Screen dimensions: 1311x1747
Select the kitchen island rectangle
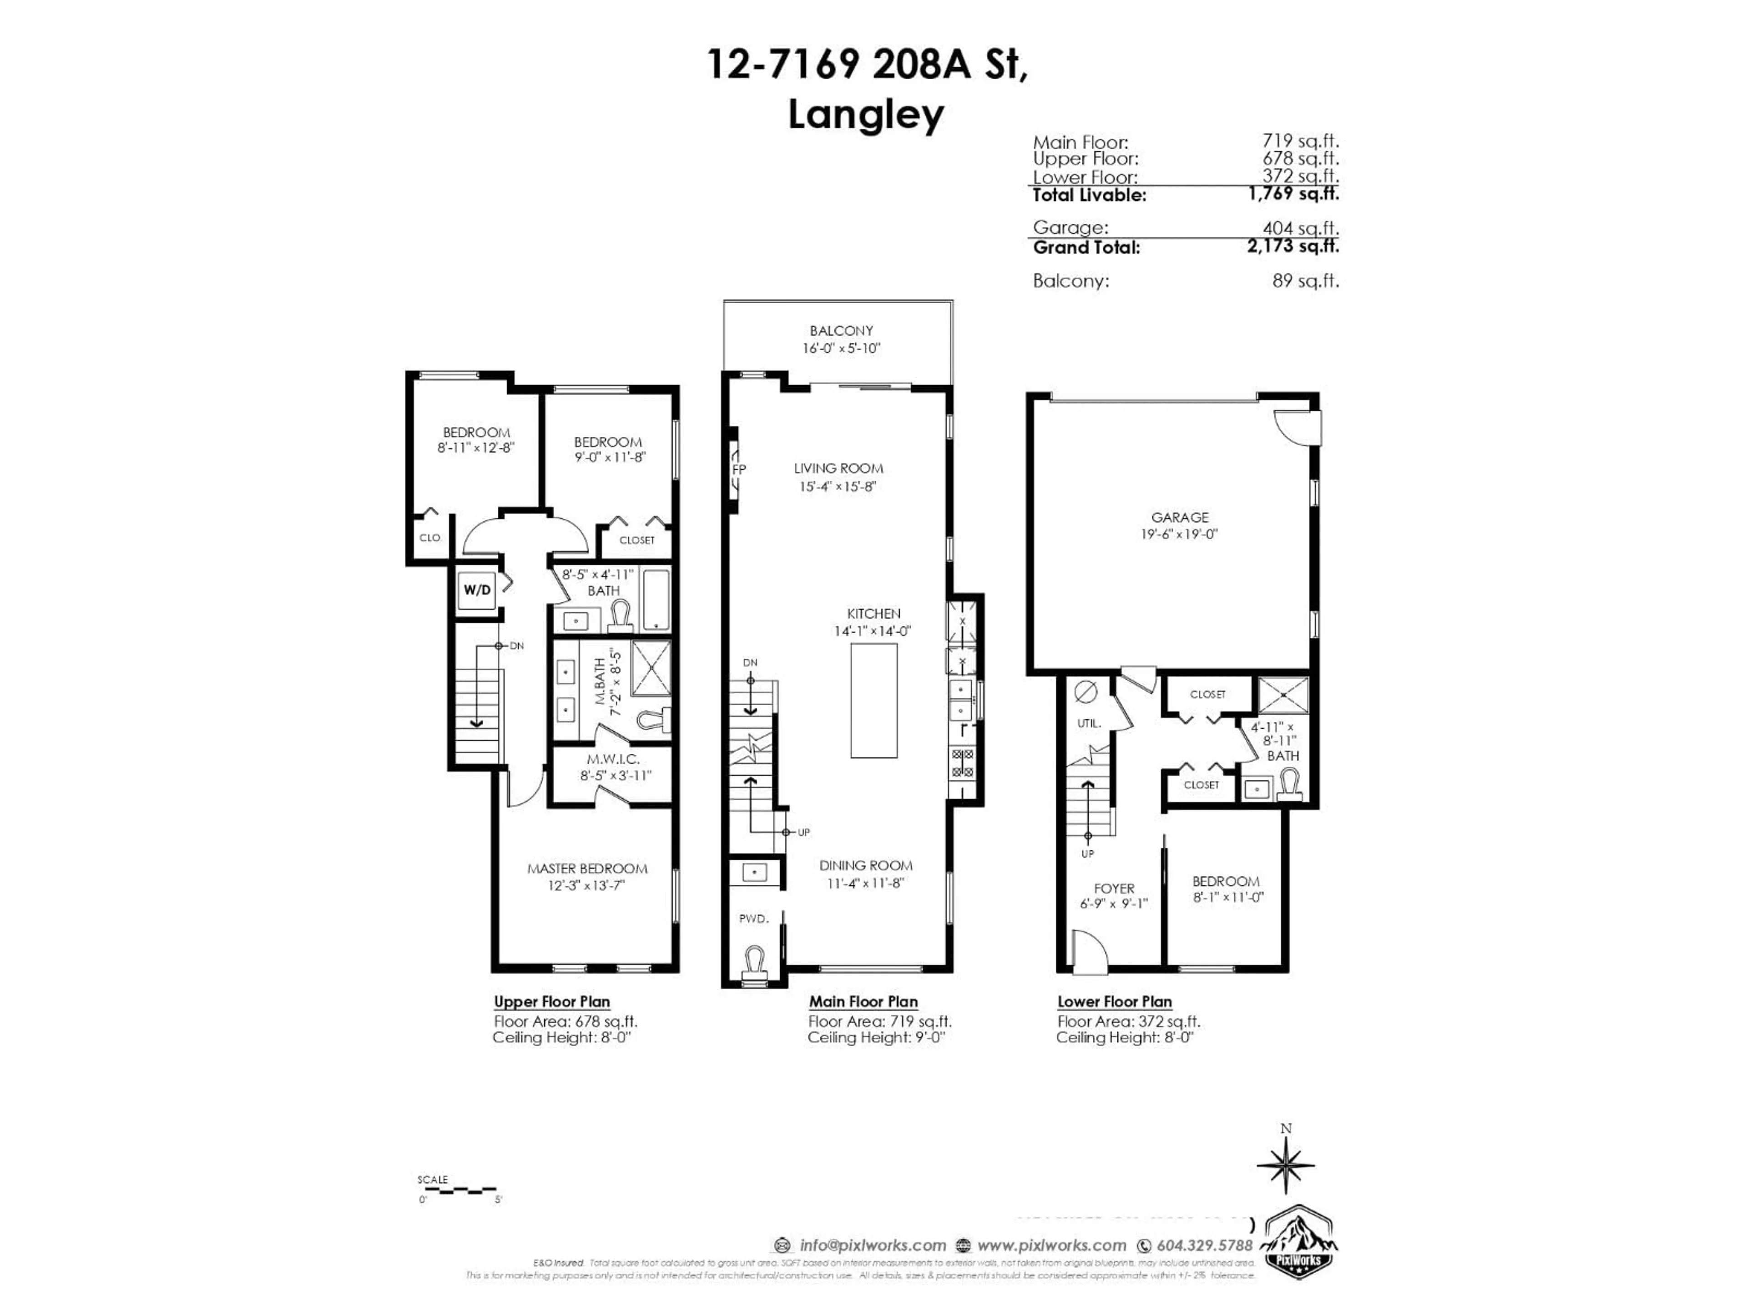click(873, 700)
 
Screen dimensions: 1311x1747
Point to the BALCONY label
click(841, 331)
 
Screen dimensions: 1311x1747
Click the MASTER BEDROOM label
click(587, 869)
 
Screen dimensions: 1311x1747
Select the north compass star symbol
click(1286, 1164)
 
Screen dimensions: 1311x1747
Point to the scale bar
click(458, 1190)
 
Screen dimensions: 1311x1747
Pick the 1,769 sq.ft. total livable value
click(1293, 193)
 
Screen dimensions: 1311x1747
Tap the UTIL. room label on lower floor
click(1089, 723)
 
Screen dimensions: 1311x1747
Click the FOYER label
click(1114, 888)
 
